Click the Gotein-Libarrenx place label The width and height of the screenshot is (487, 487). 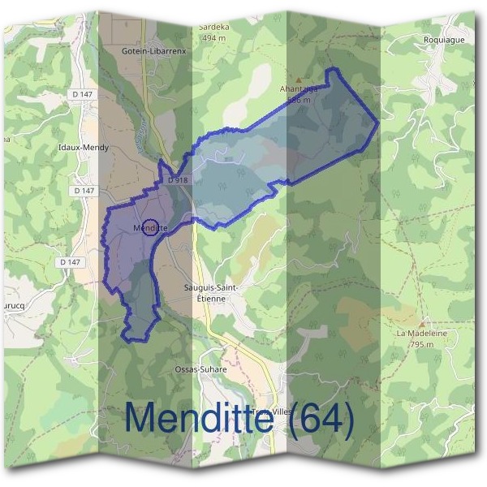pyautogui.click(x=154, y=51)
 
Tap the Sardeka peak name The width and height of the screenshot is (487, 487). pyautogui.click(x=213, y=27)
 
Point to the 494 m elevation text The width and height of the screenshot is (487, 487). pyautogui.click(x=213, y=38)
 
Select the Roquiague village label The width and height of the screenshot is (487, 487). pyautogui.click(x=442, y=39)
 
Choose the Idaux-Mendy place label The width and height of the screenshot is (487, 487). pyautogui.click(x=84, y=148)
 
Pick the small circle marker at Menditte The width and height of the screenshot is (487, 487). pyautogui.click(x=149, y=227)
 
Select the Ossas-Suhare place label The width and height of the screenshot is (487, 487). pyautogui.click(x=196, y=369)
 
